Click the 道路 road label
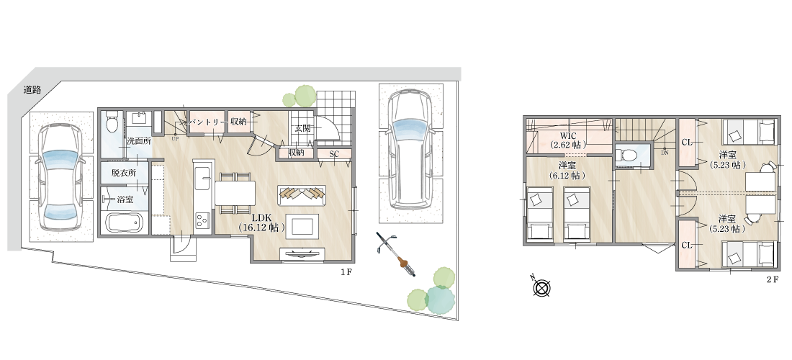(x=32, y=91)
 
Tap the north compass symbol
(x=541, y=287)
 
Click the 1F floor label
(x=346, y=273)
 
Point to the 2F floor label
(x=773, y=279)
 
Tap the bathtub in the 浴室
(x=124, y=222)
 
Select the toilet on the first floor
(x=112, y=122)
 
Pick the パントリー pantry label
(x=206, y=122)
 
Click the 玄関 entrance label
(x=302, y=128)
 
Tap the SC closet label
(x=334, y=153)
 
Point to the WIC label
(x=568, y=136)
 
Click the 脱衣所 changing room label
(x=125, y=173)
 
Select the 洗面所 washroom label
(x=139, y=141)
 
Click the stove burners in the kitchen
(x=203, y=220)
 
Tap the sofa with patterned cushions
(x=302, y=194)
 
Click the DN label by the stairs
(x=665, y=151)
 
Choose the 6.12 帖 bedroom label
(x=568, y=171)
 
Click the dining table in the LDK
(x=235, y=193)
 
